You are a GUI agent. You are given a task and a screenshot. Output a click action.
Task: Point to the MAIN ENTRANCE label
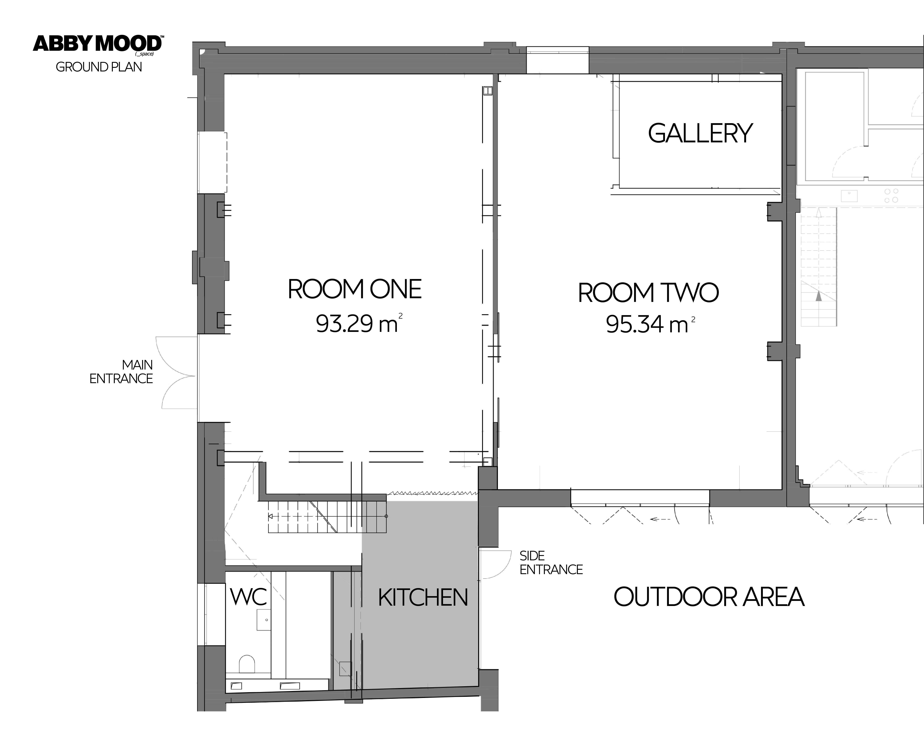(x=121, y=372)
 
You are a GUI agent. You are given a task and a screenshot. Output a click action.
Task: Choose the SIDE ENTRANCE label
(x=551, y=563)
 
